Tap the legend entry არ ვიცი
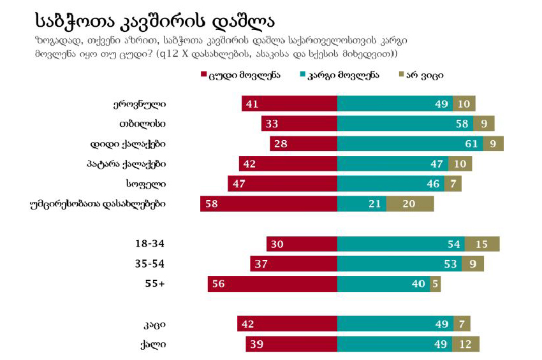click(420, 75)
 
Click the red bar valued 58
click(268, 204)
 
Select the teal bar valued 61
click(409, 143)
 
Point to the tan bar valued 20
click(410, 204)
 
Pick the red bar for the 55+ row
click(272, 284)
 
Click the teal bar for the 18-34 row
click(400, 244)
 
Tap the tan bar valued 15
click(482, 244)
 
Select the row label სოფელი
click(150, 184)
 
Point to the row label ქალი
click(154, 345)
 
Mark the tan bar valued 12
click(465, 345)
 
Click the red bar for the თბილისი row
click(299, 124)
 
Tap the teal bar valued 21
click(362, 204)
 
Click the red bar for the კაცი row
click(287, 324)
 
